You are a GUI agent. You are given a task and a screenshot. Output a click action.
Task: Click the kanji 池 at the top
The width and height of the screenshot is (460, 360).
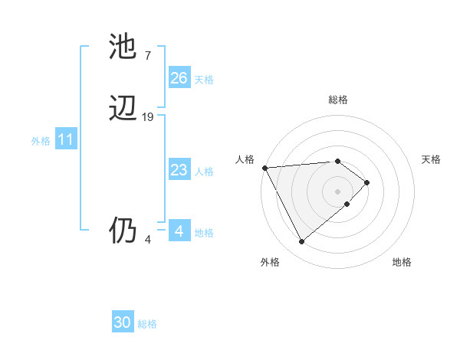(123, 47)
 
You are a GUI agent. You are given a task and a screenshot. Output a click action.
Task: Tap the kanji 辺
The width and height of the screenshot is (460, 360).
(123, 109)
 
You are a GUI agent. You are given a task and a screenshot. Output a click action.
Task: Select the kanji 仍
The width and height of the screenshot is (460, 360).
(123, 231)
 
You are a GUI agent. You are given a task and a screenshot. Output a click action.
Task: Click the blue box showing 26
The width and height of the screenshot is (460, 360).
(179, 78)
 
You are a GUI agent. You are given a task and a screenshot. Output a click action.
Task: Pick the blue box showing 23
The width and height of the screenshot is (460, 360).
(179, 170)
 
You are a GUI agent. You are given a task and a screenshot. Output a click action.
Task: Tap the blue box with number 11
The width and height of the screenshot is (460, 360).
(66, 140)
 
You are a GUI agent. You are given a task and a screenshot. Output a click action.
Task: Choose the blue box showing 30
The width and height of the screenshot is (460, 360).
(123, 322)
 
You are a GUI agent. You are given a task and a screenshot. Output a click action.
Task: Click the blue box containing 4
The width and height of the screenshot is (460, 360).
(179, 231)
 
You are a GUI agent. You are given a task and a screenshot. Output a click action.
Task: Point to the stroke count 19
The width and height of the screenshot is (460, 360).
(148, 117)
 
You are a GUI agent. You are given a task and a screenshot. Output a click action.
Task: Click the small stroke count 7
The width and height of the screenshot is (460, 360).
(147, 55)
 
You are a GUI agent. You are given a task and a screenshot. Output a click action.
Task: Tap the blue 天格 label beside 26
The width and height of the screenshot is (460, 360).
(204, 80)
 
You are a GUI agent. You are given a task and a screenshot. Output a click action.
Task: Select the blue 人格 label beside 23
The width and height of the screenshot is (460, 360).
(204, 172)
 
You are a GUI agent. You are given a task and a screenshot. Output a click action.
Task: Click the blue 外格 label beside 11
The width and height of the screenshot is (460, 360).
(41, 141)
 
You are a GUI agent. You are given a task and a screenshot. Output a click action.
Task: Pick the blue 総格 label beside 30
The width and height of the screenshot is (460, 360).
(147, 324)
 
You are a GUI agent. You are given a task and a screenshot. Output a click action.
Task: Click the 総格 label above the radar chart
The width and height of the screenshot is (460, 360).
(338, 100)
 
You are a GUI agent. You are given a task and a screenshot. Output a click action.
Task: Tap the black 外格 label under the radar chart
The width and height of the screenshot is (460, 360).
(270, 262)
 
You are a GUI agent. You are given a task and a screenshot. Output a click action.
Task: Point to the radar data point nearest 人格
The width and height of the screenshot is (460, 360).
(264, 168)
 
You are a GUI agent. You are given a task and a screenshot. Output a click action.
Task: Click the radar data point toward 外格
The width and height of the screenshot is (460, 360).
(301, 242)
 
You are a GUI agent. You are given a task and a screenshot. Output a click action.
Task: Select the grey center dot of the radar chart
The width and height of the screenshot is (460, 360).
(338, 191)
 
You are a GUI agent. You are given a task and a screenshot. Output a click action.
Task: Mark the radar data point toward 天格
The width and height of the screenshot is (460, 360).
(367, 182)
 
